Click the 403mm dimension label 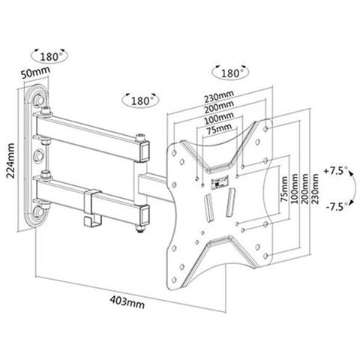click(x=127, y=302)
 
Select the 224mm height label click(x=10, y=160)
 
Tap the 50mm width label click(x=35, y=72)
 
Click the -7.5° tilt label click(x=337, y=206)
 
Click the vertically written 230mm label click(x=315, y=189)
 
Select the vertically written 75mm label click(x=284, y=189)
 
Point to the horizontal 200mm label click(x=219, y=107)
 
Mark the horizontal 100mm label click(x=219, y=118)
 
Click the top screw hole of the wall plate click(x=39, y=100)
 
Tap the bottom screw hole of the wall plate click(x=39, y=211)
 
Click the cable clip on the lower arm click(x=93, y=208)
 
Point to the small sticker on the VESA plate click(x=220, y=181)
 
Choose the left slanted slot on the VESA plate click(x=208, y=208)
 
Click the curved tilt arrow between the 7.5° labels click(x=355, y=189)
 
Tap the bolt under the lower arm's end click(x=141, y=228)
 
